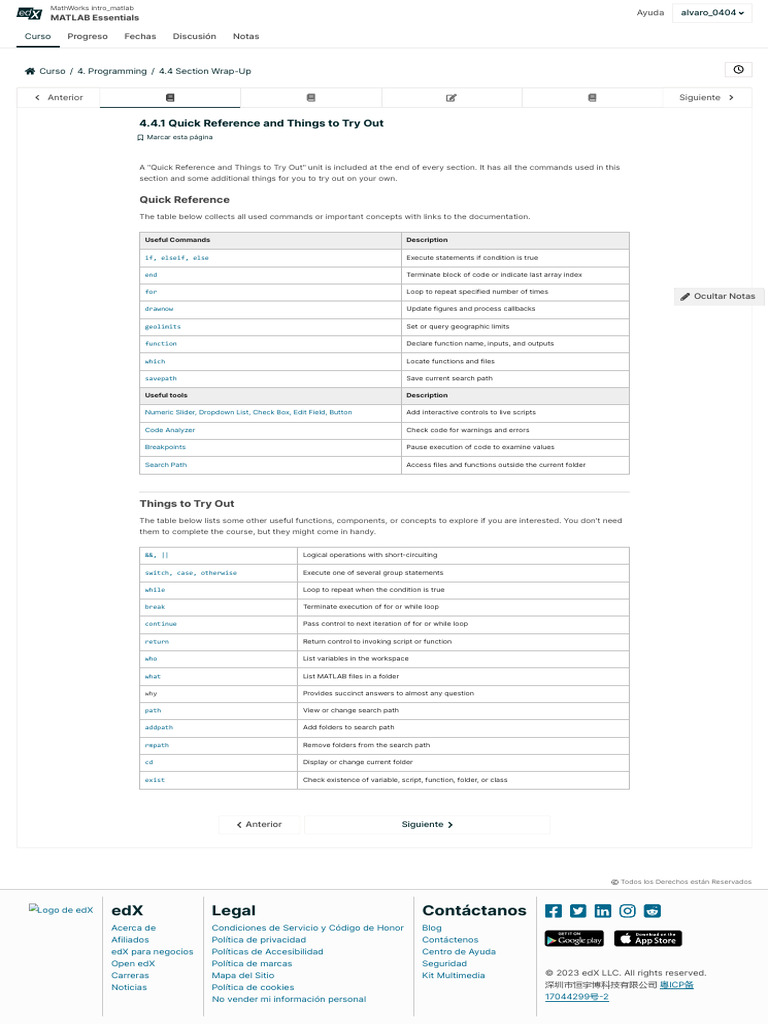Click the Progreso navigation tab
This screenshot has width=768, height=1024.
(x=87, y=36)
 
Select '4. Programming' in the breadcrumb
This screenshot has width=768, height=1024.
(x=112, y=71)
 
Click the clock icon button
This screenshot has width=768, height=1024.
(x=738, y=70)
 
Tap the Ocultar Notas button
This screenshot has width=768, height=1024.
(x=719, y=296)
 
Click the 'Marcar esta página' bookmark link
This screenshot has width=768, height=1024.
(x=176, y=137)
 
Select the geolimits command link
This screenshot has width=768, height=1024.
(x=163, y=326)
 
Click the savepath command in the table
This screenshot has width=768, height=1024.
(x=161, y=378)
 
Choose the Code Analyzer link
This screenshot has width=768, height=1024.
(x=170, y=430)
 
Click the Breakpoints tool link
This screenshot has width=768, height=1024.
(x=165, y=447)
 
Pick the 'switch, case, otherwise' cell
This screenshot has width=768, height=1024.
(x=191, y=573)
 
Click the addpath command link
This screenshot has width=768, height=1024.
(x=159, y=727)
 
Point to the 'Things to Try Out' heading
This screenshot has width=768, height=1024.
(x=187, y=504)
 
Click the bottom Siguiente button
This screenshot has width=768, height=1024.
(x=427, y=825)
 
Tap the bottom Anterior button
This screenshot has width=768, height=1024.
(x=259, y=825)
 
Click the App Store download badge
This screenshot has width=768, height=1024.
(x=647, y=939)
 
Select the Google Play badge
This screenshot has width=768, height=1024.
(x=574, y=939)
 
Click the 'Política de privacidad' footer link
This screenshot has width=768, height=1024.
(x=259, y=940)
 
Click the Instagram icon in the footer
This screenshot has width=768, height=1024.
(x=627, y=910)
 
